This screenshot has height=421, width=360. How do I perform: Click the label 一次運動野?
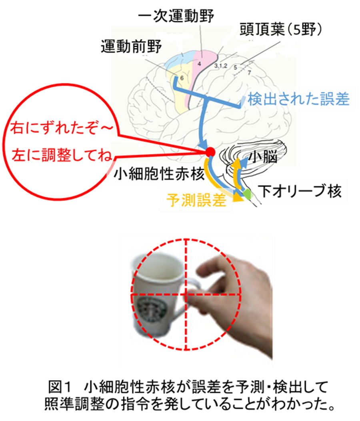coord(176,16)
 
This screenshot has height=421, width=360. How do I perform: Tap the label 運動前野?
coord(131,46)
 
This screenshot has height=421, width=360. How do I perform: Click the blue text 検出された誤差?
coord(298,99)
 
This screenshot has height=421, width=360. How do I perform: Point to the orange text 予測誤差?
coord(196,200)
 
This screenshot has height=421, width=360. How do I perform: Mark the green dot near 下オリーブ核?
coord(247,194)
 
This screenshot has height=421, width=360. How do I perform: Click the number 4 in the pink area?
coord(199,64)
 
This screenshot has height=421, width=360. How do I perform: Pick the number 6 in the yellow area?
coord(182,78)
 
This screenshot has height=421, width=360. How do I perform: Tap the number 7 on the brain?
coord(249,72)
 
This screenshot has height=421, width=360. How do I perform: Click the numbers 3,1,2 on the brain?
coord(220,66)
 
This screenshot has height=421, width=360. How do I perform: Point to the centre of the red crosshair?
coord(186,295)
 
